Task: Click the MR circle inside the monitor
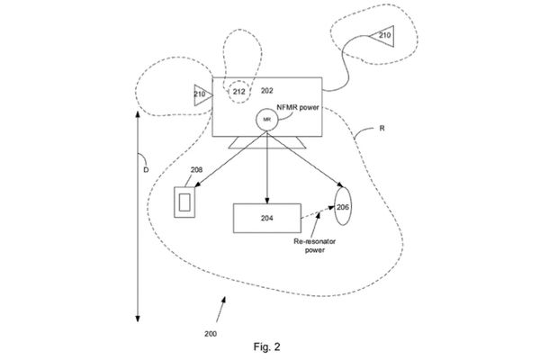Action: [x=266, y=119]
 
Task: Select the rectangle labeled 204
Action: [x=267, y=219]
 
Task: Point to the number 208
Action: [x=197, y=169]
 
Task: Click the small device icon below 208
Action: [x=185, y=199]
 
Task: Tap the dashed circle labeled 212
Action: [x=238, y=92]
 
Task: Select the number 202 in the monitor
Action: [x=266, y=91]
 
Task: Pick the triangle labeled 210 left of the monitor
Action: [x=199, y=94]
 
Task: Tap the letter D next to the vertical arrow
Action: [x=146, y=168]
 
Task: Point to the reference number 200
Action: [x=210, y=333]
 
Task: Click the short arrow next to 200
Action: [x=219, y=315]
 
